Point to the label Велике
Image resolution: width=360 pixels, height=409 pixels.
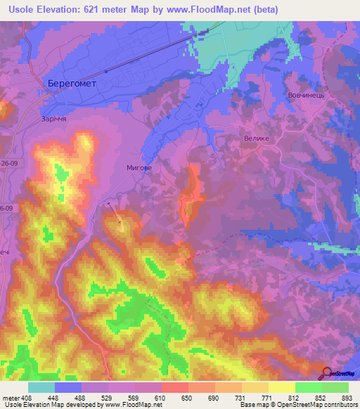257,138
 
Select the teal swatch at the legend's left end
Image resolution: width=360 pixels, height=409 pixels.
41,387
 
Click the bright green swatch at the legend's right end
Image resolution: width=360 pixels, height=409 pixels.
335,387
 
